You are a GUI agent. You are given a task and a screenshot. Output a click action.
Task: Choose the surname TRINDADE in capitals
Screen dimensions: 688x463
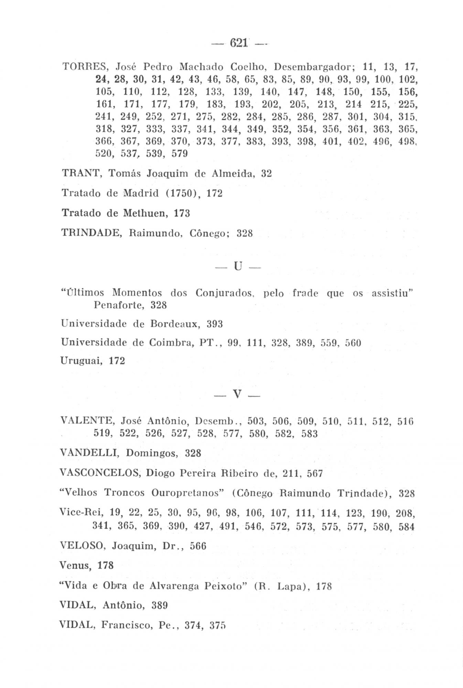click(x=89, y=233)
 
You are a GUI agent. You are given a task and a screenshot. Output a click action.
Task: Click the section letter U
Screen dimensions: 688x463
click(x=238, y=267)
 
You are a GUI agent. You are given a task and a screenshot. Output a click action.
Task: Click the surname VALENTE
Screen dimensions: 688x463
click(x=87, y=420)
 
